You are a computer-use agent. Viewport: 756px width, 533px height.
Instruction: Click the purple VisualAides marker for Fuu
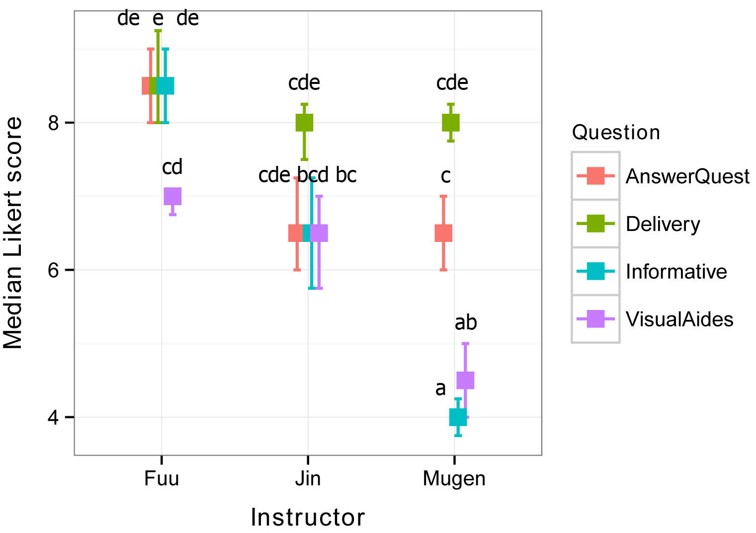tap(172, 196)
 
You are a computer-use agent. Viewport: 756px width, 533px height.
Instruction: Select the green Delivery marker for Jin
tap(304, 122)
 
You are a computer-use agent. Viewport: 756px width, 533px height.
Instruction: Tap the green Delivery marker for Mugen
tap(451, 122)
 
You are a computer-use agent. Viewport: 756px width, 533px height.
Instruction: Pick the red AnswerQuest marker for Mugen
tap(443, 233)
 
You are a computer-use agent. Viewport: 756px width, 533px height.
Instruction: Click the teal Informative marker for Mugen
tap(458, 417)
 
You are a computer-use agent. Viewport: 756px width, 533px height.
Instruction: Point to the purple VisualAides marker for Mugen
tap(466, 380)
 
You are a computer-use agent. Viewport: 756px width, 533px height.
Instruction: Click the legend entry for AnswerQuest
tap(687, 176)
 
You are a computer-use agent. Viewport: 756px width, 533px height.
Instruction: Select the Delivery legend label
tap(663, 224)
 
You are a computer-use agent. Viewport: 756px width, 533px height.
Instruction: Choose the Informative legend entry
tap(676, 272)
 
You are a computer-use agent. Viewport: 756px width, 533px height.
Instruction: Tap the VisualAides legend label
tap(679, 319)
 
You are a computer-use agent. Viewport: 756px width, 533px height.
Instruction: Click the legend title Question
tap(616, 133)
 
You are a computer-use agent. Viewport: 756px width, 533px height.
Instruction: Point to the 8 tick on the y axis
tap(54, 123)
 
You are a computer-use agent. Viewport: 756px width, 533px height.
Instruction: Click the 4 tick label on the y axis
tap(54, 417)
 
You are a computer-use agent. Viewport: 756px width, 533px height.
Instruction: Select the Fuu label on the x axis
tap(161, 479)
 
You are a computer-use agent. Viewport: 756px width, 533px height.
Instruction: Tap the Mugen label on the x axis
tap(454, 479)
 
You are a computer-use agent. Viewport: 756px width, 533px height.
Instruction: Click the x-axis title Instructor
tap(308, 518)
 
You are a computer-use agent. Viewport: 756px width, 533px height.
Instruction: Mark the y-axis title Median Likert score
tap(13, 232)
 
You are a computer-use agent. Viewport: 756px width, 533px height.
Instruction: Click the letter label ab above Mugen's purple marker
tap(466, 323)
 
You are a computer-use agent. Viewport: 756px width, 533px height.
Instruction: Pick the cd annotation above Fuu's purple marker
tap(172, 167)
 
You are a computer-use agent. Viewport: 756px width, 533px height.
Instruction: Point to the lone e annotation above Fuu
tap(158, 19)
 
